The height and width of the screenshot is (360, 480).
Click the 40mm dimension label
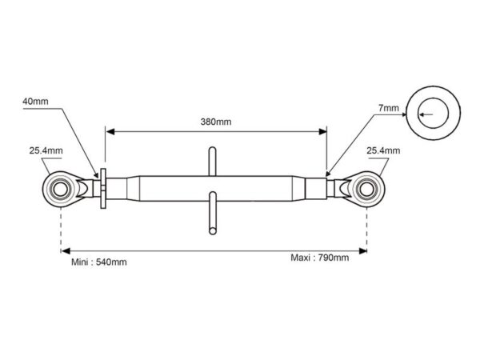[35, 102]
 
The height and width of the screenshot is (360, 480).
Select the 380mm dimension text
[216, 122]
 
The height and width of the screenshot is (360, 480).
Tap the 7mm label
[389, 108]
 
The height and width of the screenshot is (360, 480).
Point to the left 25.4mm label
[46, 150]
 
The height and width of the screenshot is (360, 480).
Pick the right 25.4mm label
[383, 150]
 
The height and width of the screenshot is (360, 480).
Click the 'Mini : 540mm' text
[99, 262]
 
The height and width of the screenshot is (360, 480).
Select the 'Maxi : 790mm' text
[319, 258]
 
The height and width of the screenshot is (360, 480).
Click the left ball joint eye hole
[60, 189]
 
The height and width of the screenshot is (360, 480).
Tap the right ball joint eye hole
[366, 189]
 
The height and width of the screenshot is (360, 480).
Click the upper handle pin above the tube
[212, 162]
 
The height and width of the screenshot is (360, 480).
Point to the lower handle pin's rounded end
[213, 230]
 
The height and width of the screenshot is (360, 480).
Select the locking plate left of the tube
[103, 189]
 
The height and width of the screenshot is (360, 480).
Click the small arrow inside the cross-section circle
[426, 114]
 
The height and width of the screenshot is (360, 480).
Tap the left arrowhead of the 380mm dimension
[110, 132]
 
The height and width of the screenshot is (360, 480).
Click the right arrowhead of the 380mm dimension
[322, 132]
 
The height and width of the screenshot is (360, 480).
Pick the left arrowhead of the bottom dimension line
[66, 251]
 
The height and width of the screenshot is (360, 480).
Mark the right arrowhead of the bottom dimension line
[362, 251]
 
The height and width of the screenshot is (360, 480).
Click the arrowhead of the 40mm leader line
[96, 174]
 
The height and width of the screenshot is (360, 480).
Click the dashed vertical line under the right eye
[366, 229]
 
